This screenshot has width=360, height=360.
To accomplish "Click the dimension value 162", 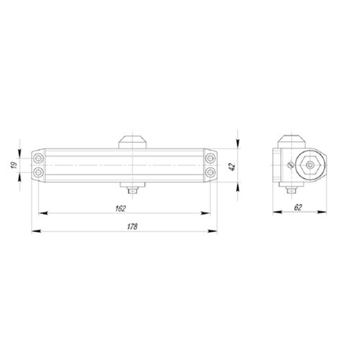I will pos(121,208).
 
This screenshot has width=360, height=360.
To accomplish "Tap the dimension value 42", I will pos(232,166).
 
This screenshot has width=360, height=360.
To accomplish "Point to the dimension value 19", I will pos(14,165).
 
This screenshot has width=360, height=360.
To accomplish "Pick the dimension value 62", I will pos(298,207).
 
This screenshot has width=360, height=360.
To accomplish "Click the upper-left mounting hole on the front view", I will pos(38,158).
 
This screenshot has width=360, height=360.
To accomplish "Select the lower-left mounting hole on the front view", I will pos(38,173).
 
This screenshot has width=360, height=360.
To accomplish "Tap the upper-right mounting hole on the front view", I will pos(210,158).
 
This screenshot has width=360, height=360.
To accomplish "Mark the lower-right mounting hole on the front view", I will pos(210,173).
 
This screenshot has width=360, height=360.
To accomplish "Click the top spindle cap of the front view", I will pos(133,141).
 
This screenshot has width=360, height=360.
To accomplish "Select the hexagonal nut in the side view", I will pos(309,165).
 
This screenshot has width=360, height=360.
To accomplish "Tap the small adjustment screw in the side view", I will pos(289,165).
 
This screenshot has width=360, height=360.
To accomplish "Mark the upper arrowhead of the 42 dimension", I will pos(238,144).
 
